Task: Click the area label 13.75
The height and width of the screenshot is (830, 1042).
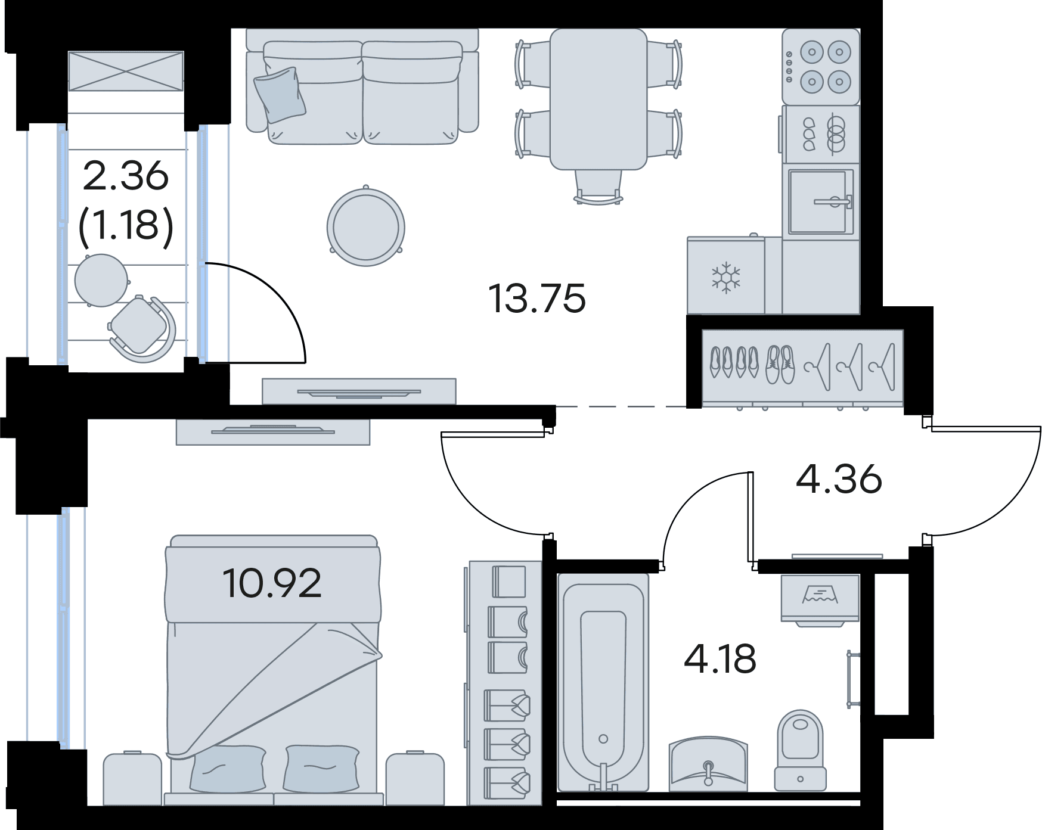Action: [x=537, y=299]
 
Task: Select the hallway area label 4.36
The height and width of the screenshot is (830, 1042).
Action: [x=839, y=478]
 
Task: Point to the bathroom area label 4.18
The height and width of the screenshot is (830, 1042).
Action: [x=720, y=659]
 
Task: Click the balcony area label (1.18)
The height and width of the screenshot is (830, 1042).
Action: [x=126, y=226]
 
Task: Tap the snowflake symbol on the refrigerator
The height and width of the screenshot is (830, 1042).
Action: [x=726, y=277]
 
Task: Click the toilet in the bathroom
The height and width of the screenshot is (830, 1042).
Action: [x=800, y=750]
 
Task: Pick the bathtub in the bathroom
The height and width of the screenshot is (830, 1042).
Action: [x=603, y=683]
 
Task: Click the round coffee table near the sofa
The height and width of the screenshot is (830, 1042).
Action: [x=365, y=227]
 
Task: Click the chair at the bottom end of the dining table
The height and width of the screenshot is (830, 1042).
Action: [x=598, y=187]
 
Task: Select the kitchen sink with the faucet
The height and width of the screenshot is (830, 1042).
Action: [x=821, y=202]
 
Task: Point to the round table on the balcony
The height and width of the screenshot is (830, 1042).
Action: [x=101, y=280]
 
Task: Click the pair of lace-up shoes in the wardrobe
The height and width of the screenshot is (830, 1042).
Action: [x=780, y=364]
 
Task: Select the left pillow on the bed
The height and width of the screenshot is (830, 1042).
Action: [x=228, y=769]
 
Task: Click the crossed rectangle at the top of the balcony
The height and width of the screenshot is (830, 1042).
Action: [x=126, y=71]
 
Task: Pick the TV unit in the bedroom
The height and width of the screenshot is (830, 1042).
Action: [x=273, y=432]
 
